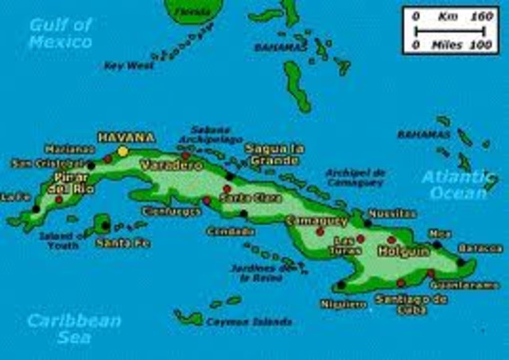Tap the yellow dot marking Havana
[122, 150]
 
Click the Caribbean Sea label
[73, 327]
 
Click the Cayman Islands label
[238, 322]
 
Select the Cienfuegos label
[168, 211]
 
